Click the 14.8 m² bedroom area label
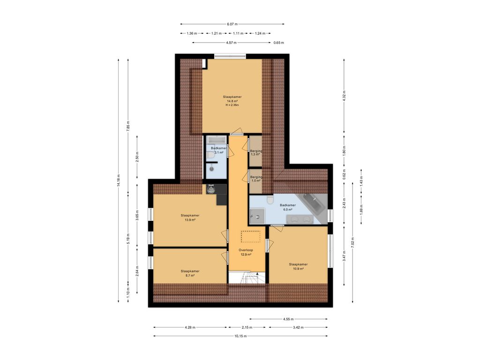pos(232,101)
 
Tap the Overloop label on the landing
pos(246,250)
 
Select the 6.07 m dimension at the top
pos(232,24)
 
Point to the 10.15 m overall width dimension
pos(240,336)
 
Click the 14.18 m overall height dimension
pos(119,180)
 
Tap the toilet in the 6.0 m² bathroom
pos(270,200)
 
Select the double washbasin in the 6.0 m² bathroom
pos(300,219)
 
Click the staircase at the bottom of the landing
pos(247,278)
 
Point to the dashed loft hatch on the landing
pos(250,237)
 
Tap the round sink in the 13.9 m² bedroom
pos(211,190)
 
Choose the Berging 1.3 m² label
pos(256,153)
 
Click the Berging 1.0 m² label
pos(256,179)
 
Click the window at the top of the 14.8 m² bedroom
pos(230,56)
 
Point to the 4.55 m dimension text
pos(288,319)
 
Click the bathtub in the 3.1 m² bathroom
pos(217,140)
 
